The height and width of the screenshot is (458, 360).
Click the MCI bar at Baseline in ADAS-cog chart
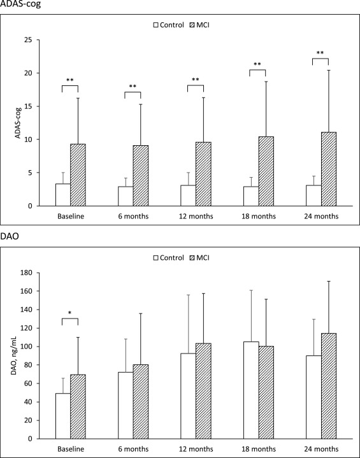78,175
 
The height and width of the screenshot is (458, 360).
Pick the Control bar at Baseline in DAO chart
62,416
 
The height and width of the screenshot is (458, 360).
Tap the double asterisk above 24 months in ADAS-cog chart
320,53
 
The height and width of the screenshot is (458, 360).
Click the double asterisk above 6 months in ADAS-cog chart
133,87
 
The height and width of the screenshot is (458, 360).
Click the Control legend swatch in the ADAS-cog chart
156,25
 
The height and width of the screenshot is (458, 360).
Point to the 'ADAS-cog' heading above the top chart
19,5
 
